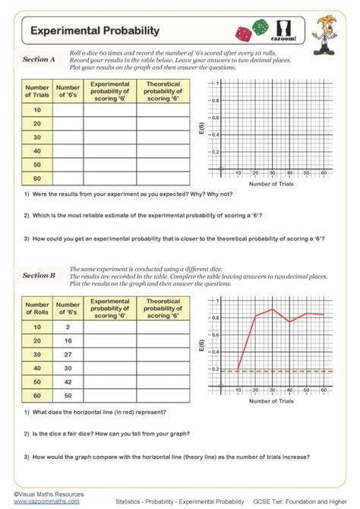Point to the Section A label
39,58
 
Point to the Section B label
39,275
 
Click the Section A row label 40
36,150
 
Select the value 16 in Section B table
68,340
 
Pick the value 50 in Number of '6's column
68,395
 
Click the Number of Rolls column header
36,308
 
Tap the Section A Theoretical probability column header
163,91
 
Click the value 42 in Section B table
68,381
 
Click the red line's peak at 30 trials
272,309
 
